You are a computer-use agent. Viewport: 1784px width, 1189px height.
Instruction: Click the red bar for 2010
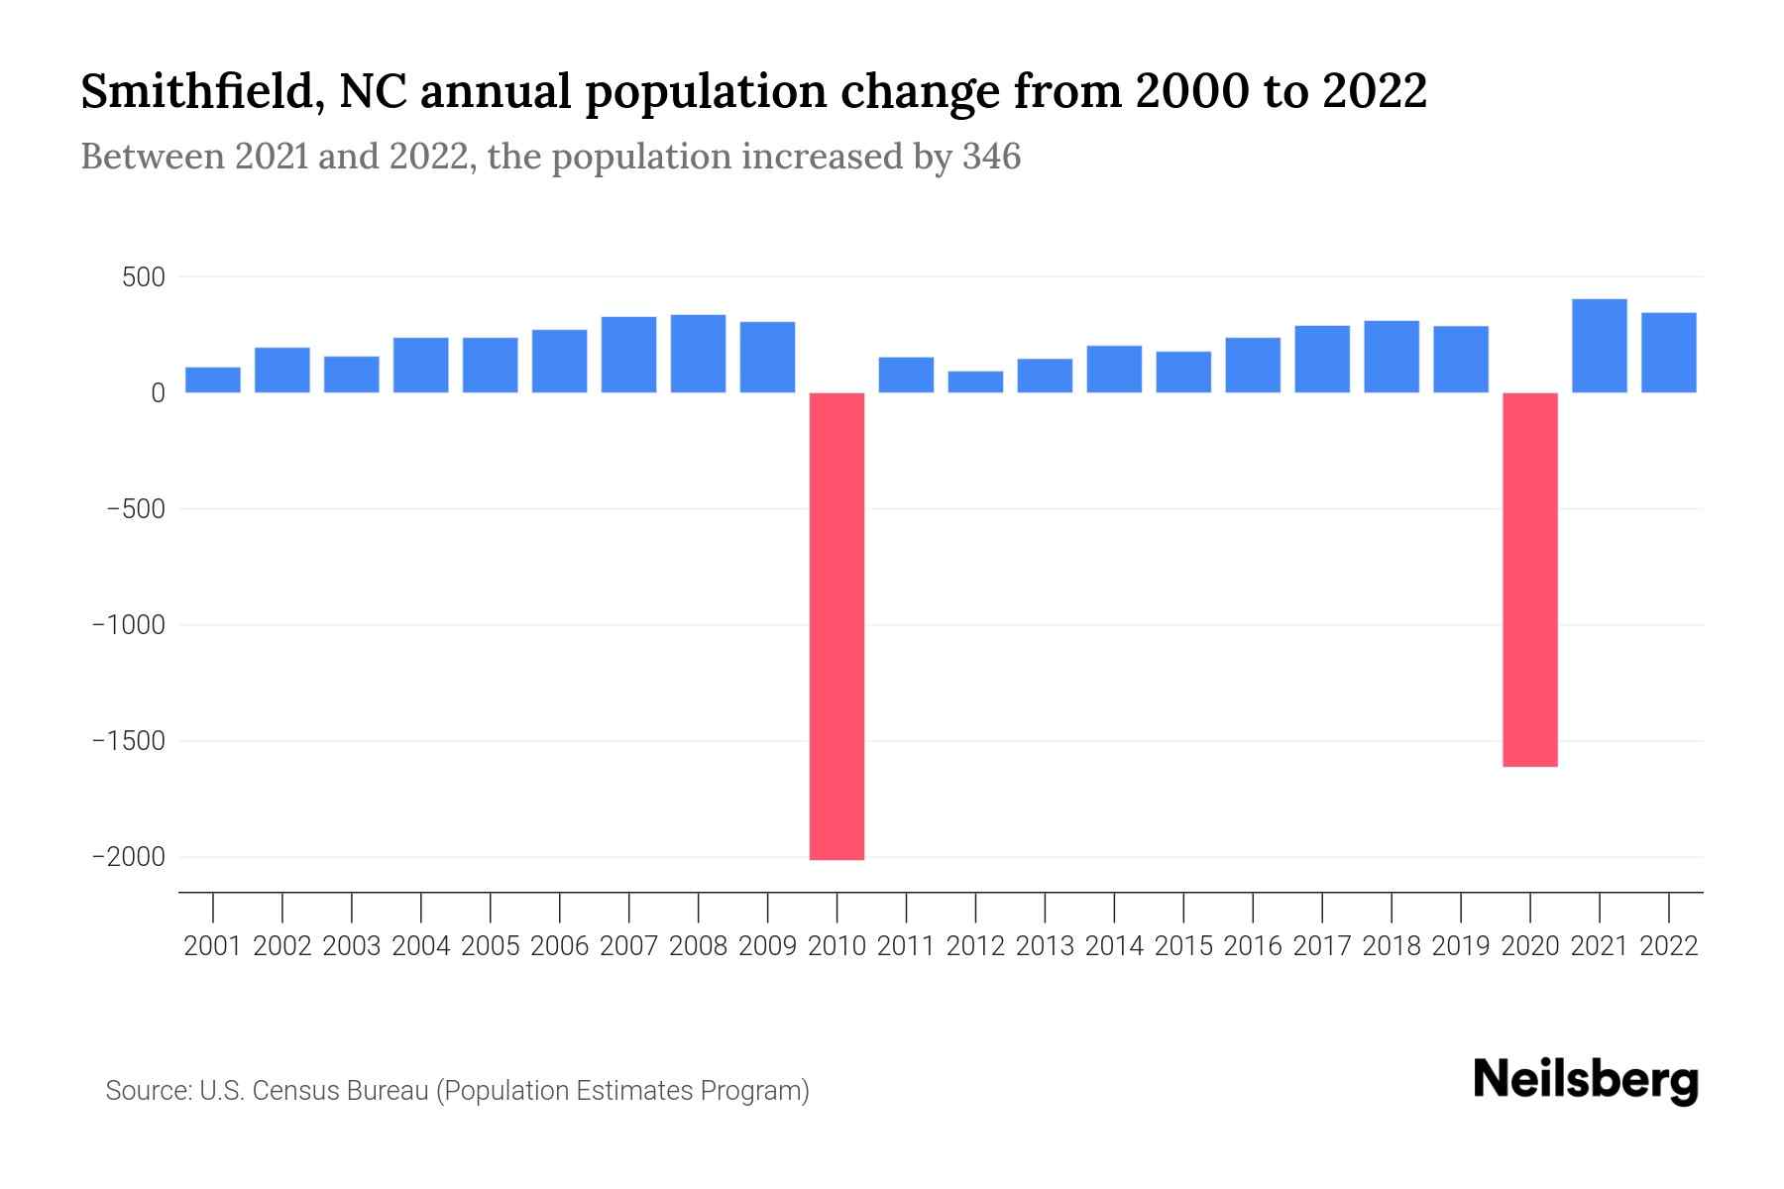click(836, 626)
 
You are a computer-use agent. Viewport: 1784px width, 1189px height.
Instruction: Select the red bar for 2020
click(1529, 580)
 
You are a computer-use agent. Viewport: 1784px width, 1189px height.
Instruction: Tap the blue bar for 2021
click(1599, 346)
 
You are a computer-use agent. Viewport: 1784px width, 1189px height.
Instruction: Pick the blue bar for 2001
click(213, 380)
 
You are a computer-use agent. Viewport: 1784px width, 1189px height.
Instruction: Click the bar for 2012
click(975, 382)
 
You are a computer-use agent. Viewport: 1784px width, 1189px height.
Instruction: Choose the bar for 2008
click(698, 354)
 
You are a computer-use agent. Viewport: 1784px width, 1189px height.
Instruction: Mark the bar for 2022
click(1668, 353)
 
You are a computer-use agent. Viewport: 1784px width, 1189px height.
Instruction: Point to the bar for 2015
click(1183, 373)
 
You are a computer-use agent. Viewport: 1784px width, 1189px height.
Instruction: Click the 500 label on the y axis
click(143, 277)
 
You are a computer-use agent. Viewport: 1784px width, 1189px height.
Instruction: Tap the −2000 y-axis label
click(129, 857)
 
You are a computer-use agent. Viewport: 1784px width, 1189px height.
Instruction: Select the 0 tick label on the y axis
click(158, 393)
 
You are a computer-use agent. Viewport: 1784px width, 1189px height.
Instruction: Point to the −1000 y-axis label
click(129, 625)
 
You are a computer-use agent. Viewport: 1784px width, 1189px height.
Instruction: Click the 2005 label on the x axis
click(490, 946)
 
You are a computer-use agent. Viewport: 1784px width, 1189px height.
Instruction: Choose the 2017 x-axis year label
click(1321, 946)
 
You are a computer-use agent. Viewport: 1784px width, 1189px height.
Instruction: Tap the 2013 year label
click(1045, 946)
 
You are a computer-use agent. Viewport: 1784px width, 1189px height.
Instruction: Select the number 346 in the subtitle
click(991, 157)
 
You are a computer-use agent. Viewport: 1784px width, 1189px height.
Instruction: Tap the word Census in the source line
click(288, 1091)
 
